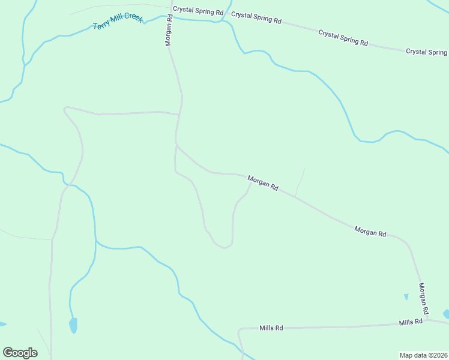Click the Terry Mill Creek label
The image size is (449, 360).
point(118,22)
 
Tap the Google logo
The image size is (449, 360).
point(20,353)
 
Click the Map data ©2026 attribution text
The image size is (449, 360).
point(423,355)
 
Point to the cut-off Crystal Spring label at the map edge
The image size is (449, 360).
point(427,52)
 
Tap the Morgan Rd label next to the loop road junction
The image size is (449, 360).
point(263,183)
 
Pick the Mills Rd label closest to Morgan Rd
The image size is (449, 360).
point(411,322)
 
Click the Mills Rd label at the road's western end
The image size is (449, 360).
point(271,328)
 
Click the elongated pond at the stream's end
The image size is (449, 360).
point(73,325)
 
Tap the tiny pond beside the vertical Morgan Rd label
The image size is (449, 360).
point(406,296)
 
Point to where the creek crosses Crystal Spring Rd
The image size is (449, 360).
point(223,20)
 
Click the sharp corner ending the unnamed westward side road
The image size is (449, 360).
point(65,109)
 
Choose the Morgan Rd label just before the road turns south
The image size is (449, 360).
point(370,231)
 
